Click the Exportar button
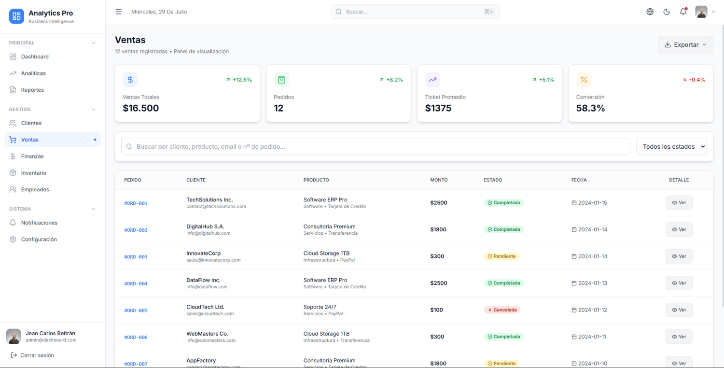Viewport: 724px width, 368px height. [x=685, y=44]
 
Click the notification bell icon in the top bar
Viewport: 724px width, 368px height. [x=683, y=12]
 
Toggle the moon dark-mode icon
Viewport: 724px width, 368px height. [x=667, y=12]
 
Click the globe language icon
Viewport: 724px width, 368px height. [x=650, y=12]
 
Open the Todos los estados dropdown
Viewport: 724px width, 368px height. [x=672, y=146]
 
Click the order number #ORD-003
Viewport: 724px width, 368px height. [x=136, y=257]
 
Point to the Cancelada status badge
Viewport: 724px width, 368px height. [x=502, y=310]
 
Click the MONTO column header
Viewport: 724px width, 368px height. [x=439, y=180]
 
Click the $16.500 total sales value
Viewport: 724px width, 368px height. [x=140, y=108]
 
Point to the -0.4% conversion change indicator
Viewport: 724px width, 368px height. [x=694, y=80]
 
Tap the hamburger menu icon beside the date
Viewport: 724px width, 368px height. [x=119, y=12]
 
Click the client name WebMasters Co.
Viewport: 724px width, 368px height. [x=207, y=333]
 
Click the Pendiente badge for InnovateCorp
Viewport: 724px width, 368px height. [x=501, y=256]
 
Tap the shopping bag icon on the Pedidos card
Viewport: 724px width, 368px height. [x=281, y=80]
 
